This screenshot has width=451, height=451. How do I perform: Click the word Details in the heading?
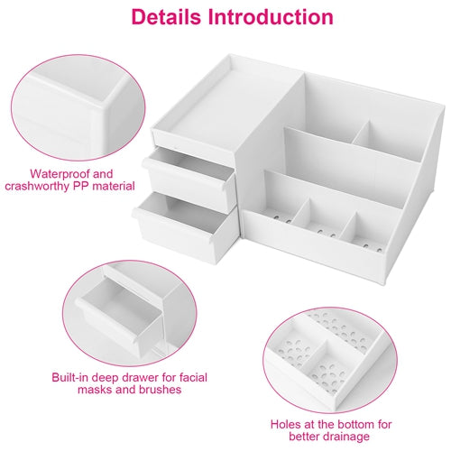166,17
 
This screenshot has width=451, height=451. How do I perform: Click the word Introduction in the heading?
271,17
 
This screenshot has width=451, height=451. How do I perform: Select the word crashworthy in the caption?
37,187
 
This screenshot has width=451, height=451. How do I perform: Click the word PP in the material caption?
81,186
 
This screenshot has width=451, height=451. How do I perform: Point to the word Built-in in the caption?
70,377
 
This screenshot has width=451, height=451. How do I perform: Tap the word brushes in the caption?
160,390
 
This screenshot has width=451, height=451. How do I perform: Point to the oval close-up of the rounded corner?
78,107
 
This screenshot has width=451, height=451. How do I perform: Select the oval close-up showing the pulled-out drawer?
129,313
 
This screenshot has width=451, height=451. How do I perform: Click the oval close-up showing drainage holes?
330,360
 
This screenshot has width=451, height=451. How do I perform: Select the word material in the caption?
114,186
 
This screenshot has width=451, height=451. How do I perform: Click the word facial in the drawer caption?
193,377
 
